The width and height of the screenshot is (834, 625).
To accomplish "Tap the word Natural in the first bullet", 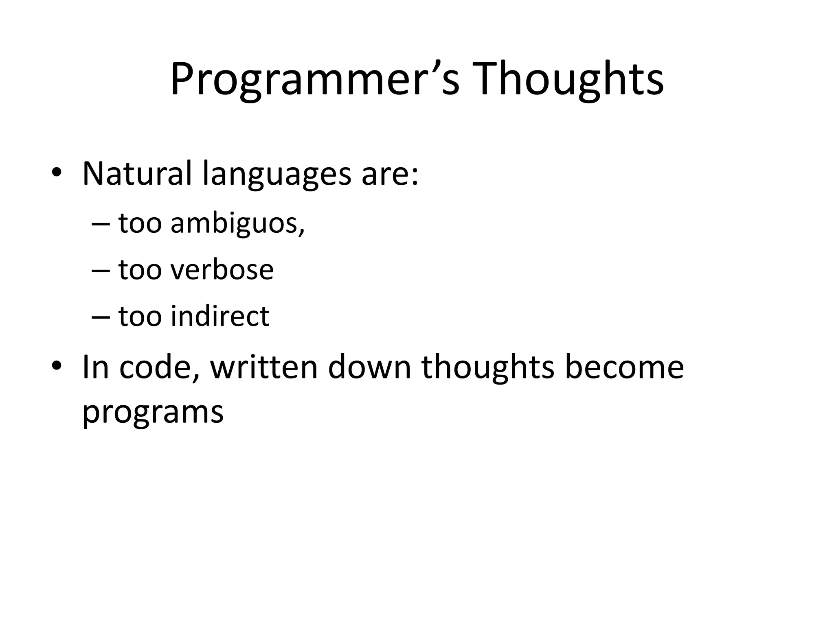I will coord(137,174).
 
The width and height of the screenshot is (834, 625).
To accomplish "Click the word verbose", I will coord(222,270).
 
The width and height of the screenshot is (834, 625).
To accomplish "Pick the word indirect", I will coord(220,316).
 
